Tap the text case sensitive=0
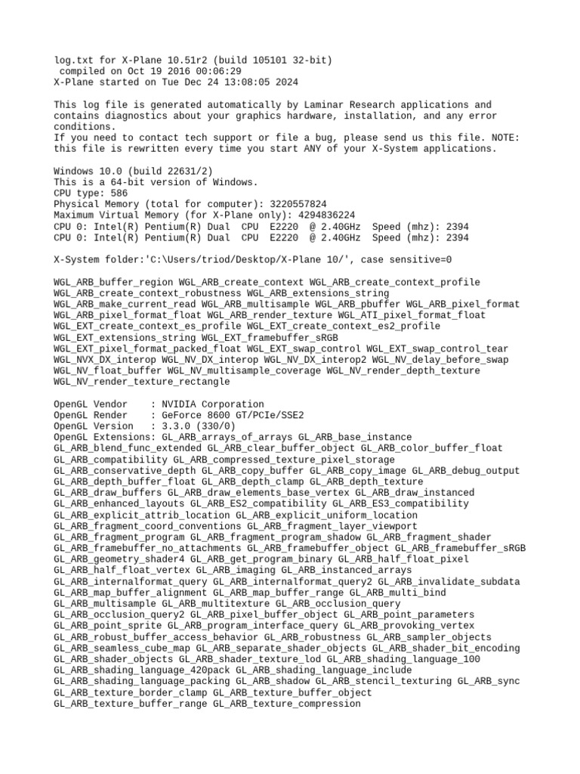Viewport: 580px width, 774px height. pos(406,260)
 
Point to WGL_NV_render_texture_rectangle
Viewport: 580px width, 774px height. pos(142,382)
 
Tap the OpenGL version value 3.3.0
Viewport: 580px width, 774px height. pos(176,426)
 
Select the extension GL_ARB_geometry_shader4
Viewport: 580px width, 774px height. pos(119,559)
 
